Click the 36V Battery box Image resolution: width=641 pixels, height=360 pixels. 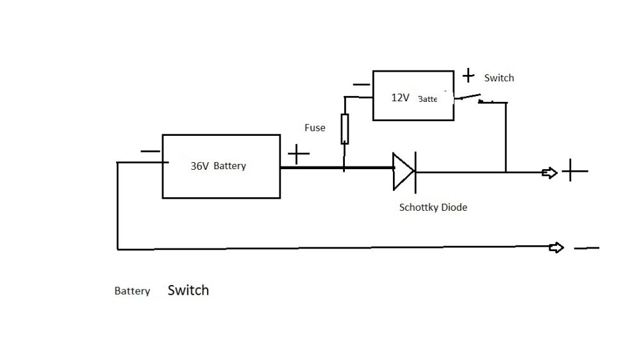click(221, 166)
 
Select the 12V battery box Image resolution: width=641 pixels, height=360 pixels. click(413, 96)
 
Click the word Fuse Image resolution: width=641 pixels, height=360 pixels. click(315, 128)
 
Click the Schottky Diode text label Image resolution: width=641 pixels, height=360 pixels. click(433, 208)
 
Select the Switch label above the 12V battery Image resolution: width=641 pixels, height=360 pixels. click(499, 78)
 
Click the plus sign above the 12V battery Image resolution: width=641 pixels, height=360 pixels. click(469, 76)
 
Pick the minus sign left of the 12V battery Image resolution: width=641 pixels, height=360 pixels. click(361, 85)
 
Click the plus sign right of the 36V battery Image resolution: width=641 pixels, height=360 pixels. click(298, 154)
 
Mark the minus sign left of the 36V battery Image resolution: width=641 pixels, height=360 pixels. click(150, 152)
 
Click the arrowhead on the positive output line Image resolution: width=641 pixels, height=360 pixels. click(549, 172)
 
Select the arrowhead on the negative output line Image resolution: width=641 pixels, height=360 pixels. click(556, 248)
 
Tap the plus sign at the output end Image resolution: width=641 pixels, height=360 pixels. click(574, 171)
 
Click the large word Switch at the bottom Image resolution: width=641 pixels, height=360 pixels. click(188, 290)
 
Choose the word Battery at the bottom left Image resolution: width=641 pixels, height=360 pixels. click(132, 291)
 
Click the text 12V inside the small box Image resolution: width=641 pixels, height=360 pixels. click(401, 98)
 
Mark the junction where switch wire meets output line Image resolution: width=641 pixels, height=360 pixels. click(506, 172)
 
